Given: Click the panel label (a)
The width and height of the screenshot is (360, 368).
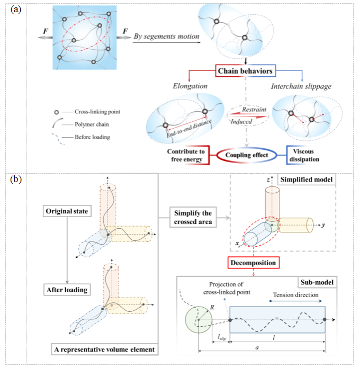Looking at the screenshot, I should point(16,10).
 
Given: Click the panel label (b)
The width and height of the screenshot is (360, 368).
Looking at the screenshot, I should point(16,179).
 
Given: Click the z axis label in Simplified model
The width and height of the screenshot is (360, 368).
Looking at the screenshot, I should point(256,181).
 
